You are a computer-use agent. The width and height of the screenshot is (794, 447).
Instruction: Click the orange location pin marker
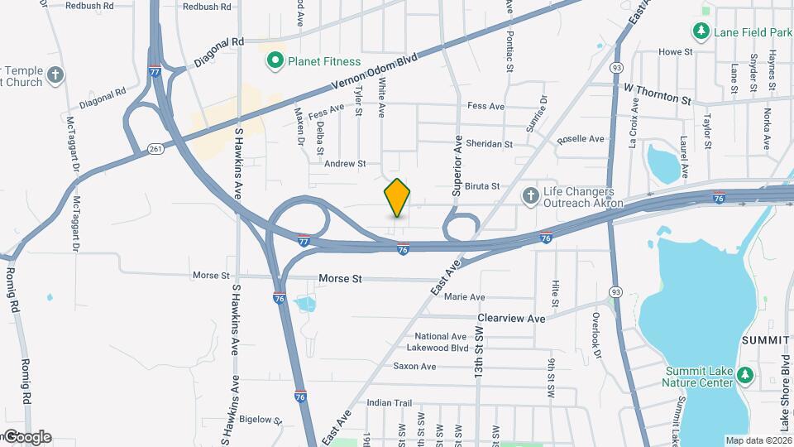pos(398,197)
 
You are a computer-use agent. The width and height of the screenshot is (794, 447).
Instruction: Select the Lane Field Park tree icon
pos(701,31)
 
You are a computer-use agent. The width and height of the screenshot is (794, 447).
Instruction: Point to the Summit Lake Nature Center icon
pos(744,376)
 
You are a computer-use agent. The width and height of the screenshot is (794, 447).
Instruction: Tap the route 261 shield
pos(156,149)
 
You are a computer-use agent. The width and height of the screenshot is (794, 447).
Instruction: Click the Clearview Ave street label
pos(511,318)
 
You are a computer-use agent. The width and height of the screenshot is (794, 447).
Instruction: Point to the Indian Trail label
pos(389,403)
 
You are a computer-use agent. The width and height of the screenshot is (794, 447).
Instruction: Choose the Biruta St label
pos(482,186)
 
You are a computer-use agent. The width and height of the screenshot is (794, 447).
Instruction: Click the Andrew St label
pos(344,164)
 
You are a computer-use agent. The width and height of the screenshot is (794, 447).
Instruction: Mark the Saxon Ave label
pos(414,366)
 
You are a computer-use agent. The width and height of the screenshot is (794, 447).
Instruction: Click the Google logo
pos(26,437)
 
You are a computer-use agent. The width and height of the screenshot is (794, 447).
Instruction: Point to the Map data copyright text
pos(758,440)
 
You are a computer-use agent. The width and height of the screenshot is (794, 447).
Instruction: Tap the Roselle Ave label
pos(581,139)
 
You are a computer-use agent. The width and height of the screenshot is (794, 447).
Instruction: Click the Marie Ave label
pos(464,296)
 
